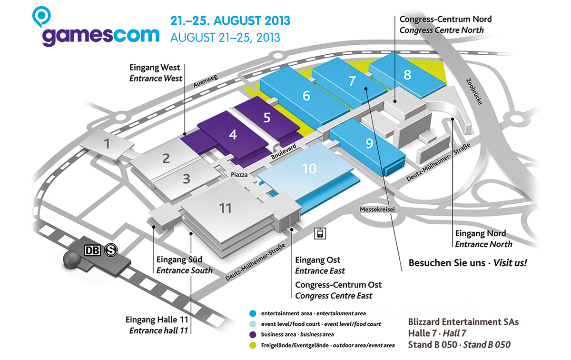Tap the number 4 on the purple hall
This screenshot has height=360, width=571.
point(233,134)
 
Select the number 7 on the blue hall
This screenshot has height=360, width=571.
point(352,81)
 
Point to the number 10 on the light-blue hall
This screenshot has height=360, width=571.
point(309,169)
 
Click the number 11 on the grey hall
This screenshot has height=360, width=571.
point(225,208)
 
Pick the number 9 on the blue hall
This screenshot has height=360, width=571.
point(369,143)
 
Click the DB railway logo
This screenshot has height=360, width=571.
point(92,250)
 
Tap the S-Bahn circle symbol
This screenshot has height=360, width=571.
point(111,250)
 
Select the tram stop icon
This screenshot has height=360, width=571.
point(320,233)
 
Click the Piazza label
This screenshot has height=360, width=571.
point(239,175)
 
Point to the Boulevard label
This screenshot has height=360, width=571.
point(284,151)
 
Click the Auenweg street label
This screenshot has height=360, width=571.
point(206,81)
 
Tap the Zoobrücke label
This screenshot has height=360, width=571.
point(474,91)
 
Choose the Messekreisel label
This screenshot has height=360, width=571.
point(377,210)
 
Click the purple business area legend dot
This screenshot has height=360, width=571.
point(253,334)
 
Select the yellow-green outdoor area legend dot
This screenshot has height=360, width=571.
point(253,345)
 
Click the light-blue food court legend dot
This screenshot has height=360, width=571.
point(253,324)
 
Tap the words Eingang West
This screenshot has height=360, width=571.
point(155,68)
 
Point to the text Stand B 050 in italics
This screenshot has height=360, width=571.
point(487,345)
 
